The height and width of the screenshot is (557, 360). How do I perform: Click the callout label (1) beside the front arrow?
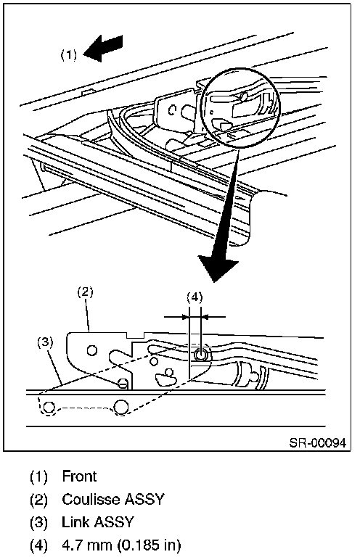tap(68, 54)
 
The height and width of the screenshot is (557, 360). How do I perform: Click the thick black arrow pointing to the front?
tap(103, 48)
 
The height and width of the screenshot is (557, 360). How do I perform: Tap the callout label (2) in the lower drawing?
tap(86, 293)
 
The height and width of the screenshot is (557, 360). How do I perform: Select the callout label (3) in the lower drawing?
tap(46, 343)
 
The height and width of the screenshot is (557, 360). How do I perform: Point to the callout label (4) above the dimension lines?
tap(195, 297)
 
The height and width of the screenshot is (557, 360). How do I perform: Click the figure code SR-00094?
tap(317, 443)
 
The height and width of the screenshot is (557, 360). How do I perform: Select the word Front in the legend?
tap(79, 476)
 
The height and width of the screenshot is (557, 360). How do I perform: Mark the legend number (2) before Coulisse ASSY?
tap(38, 500)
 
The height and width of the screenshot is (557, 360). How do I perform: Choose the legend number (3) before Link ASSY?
tap(38, 522)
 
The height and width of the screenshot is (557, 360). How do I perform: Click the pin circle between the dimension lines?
tap(200, 355)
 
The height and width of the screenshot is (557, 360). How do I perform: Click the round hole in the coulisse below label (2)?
tap(91, 350)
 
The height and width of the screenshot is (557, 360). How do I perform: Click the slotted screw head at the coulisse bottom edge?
tap(122, 384)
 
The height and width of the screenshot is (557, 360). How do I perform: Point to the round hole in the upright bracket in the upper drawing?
tap(171, 110)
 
